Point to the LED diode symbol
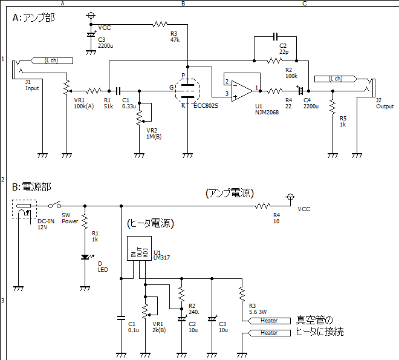coord(85,257)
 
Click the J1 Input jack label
coord(31,85)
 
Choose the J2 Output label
coord(384,103)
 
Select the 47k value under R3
coord(175,39)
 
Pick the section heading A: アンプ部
coord(34,18)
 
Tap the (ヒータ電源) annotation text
coord(151,224)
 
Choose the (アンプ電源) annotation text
coord(230,193)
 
